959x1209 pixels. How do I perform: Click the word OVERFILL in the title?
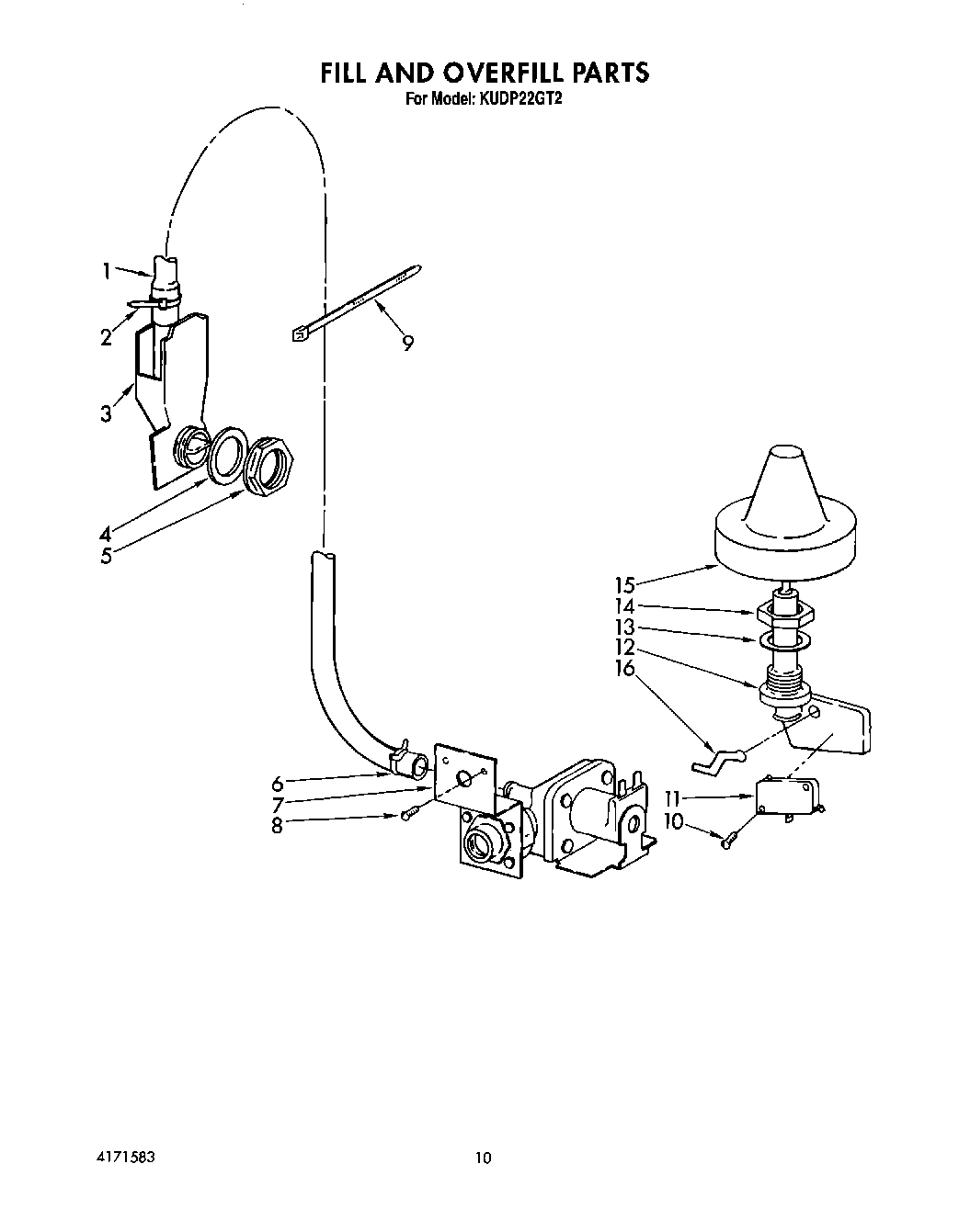[x=498, y=72]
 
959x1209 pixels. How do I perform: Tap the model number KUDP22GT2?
[x=518, y=98]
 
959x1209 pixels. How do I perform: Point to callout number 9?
[x=406, y=344]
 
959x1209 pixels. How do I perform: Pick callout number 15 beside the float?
[x=625, y=582]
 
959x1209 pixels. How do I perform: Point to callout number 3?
[x=107, y=414]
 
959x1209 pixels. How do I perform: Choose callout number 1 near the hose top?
[x=108, y=270]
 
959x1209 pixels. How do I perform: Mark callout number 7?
[x=277, y=804]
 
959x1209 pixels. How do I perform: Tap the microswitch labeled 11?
[x=786, y=794]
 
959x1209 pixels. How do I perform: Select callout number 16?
[x=625, y=668]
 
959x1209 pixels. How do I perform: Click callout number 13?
[x=625, y=627]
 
